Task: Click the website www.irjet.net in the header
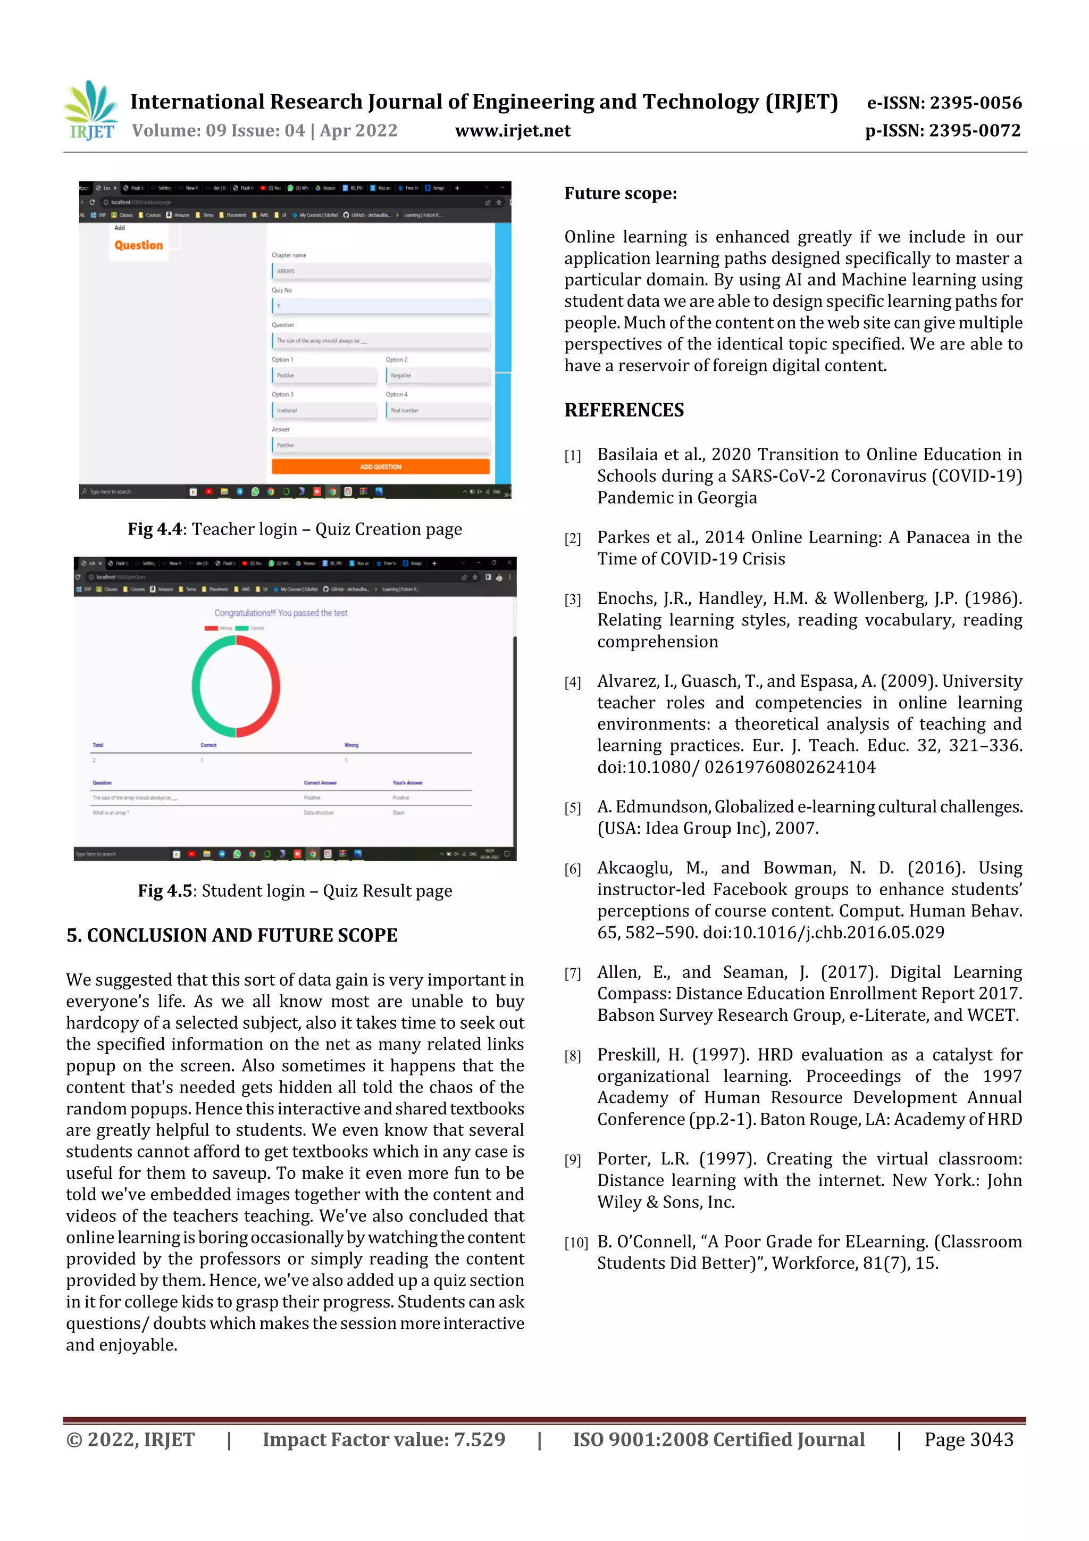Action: point(513,131)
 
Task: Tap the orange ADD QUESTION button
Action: point(380,467)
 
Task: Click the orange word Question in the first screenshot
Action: point(138,246)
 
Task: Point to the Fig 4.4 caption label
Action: point(155,530)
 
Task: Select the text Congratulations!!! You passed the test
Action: point(280,613)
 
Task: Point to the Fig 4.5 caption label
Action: point(165,892)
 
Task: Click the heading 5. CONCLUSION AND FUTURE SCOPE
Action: point(231,936)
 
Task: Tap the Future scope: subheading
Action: point(620,194)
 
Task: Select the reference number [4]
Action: point(572,682)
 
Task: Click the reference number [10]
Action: point(576,1243)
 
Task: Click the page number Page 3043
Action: point(968,1439)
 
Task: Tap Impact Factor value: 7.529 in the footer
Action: point(383,1439)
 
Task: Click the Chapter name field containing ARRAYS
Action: point(380,271)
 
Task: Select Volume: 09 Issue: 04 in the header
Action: point(218,131)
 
